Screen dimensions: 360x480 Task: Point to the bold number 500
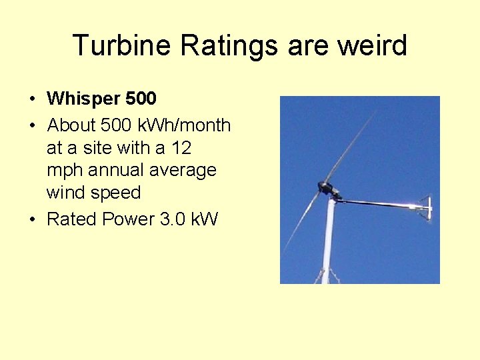pos(140,99)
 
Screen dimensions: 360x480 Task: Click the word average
pos(183,170)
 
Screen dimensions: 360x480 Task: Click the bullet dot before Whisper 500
pos(33,99)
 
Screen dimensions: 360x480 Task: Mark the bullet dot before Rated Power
pos(33,219)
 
